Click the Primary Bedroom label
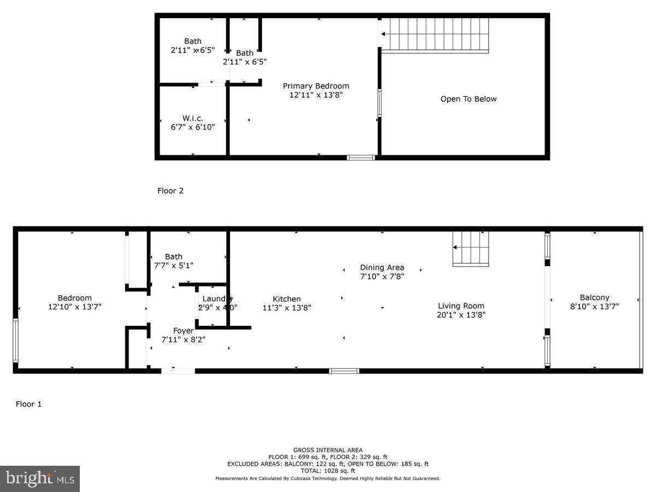[315, 86]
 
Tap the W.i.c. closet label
[192, 118]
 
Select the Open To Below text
[468, 99]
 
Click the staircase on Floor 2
[435, 35]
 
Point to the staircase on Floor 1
[471, 249]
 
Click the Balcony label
[594, 298]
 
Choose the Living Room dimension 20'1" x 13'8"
[461, 315]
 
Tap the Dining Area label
[382, 267]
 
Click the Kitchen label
[286, 299]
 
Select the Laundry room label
[217, 298]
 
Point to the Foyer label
[183, 331]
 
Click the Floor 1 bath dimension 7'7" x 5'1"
[173, 265]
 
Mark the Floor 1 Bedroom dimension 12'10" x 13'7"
[74, 307]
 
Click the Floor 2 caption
[170, 191]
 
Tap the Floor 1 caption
[28, 405]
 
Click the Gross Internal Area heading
[327, 450]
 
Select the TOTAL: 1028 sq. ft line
[327, 471]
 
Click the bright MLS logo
[40, 479]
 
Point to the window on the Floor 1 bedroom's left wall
[15, 341]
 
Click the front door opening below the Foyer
[178, 371]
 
